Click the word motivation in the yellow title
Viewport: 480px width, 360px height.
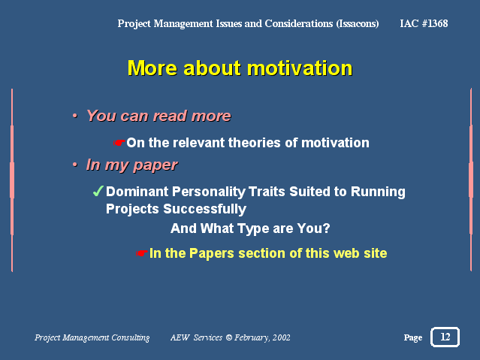click(x=300, y=68)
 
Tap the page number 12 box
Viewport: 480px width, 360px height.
click(x=445, y=337)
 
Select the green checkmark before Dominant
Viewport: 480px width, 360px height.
click(x=98, y=191)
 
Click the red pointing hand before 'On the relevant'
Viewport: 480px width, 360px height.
click(x=119, y=143)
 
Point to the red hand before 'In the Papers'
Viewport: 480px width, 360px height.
click(x=142, y=253)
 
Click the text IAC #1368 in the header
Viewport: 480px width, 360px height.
click(x=424, y=23)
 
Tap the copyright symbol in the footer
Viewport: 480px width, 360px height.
click(x=228, y=337)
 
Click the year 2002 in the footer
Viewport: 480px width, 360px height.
click(x=281, y=337)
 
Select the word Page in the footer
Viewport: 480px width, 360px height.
click(x=412, y=337)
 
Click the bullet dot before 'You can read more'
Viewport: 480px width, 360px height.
click(x=75, y=116)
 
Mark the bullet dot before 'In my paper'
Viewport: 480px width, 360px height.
click(x=75, y=165)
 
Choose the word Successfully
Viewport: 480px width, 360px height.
click(x=204, y=209)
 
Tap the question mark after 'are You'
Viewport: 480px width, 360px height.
click(x=326, y=228)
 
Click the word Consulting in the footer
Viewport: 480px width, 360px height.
click(x=131, y=337)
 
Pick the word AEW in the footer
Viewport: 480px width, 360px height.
click(x=180, y=337)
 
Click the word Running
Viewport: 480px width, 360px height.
click(x=378, y=192)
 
